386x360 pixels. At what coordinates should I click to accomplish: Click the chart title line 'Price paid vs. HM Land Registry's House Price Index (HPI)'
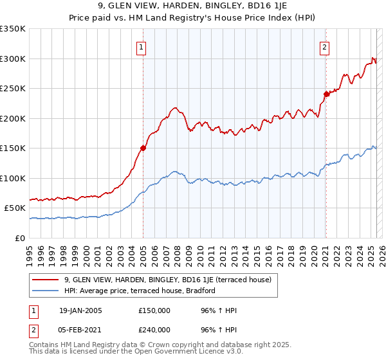(192, 18)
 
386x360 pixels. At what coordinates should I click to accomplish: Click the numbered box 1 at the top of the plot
(140, 46)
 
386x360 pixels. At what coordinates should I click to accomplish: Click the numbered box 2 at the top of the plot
(325, 46)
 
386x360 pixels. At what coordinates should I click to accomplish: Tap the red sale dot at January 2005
(143, 148)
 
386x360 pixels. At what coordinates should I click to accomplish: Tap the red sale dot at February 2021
(326, 94)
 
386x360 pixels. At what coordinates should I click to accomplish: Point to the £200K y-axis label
(13, 118)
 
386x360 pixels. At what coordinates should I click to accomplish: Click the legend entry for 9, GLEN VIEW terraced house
(168, 280)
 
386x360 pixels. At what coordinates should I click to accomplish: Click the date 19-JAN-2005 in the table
(80, 310)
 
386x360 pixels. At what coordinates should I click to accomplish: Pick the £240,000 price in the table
(154, 330)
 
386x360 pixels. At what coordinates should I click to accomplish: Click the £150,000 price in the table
(154, 310)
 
